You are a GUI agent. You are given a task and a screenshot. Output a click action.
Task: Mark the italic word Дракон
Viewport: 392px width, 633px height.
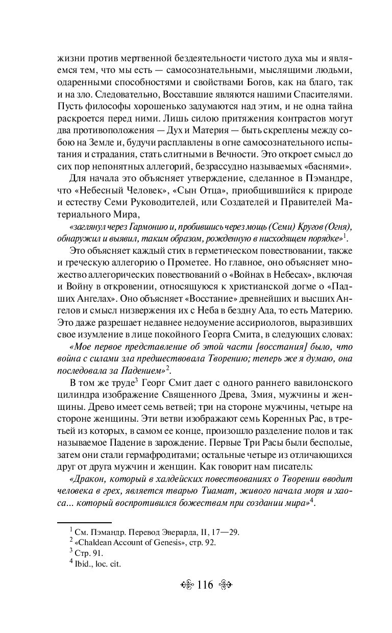point(87,479)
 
